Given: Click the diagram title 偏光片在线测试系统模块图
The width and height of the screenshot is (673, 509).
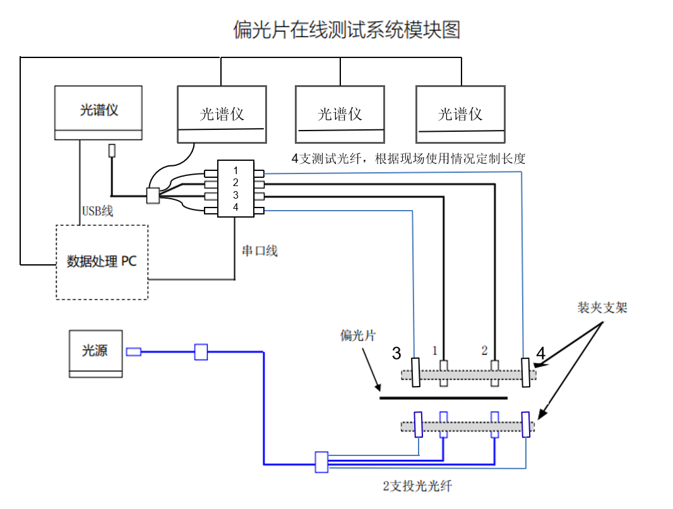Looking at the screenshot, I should pyautogui.click(x=347, y=30).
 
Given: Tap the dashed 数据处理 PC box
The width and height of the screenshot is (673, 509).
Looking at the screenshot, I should pyautogui.click(x=102, y=262).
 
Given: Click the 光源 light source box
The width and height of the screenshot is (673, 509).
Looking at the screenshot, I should pyautogui.click(x=95, y=353).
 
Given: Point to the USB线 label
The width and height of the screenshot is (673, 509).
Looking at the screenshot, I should pyautogui.click(x=97, y=211).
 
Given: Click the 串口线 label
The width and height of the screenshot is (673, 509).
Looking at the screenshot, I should pyautogui.click(x=259, y=251).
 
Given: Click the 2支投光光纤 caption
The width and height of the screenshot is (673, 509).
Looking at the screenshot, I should pyautogui.click(x=417, y=486).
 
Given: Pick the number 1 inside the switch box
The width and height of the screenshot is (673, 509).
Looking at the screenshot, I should pyautogui.click(x=235, y=171).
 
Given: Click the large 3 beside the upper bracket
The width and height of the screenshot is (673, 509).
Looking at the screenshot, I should pyautogui.click(x=396, y=353).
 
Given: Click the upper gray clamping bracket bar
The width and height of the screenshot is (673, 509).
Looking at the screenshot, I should pyautogui.click(x=468, y=375).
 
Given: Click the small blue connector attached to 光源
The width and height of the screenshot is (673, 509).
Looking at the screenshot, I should pyautogui.click(x=133, y=352).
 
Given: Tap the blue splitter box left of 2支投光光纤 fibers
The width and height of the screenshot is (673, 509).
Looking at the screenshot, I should pyautogui.click(x=321, y=462).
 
